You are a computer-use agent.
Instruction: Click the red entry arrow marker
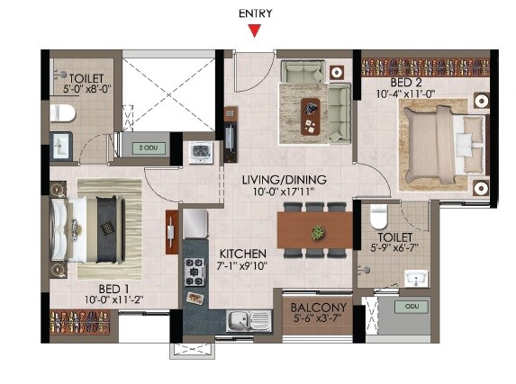[256, 31]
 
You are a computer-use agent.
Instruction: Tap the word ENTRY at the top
[255, 13]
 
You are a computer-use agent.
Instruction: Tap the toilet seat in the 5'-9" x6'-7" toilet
[378, 217]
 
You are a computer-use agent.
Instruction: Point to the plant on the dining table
[317, 233]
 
